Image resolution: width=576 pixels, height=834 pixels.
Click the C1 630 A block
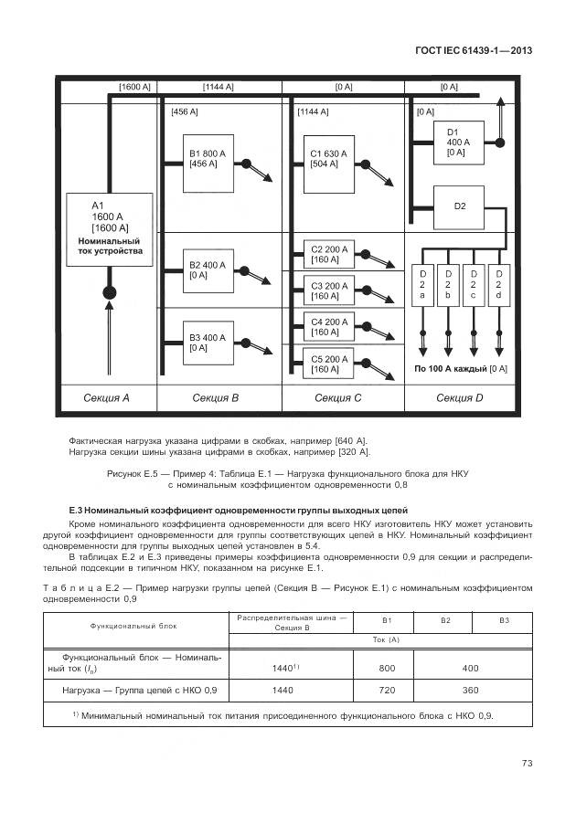coord(331,165)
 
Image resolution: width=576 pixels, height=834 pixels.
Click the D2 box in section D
coord(459,206)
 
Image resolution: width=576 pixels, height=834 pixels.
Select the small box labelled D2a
coord(422,285)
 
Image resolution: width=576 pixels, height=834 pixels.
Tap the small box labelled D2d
coord(498,285)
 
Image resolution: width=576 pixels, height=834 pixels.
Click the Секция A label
coord(107,397)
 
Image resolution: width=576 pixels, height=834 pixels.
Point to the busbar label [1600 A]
coord(135,87)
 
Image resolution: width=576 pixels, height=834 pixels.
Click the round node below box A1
coord(110,293)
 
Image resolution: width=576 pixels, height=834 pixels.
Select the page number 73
coord(526,764)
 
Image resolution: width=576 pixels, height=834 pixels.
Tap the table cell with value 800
coord(386,668)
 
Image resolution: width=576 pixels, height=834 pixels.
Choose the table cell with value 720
coord(386,691)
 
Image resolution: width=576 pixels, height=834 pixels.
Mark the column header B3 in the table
coord(503,620)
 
